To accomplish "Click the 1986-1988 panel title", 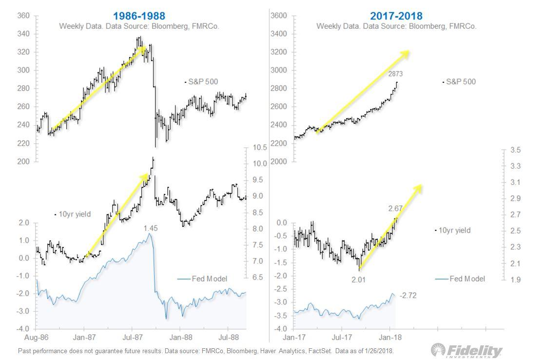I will (139, 16).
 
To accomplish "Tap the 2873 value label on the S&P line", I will (395, 74).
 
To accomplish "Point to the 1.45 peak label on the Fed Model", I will (151, 228).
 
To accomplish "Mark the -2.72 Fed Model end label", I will (408, 296).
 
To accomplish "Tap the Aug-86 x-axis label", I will (37, 337).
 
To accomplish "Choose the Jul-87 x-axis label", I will (133, 337).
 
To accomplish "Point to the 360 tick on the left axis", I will (24, 16).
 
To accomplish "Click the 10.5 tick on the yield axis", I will (259, 148).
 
